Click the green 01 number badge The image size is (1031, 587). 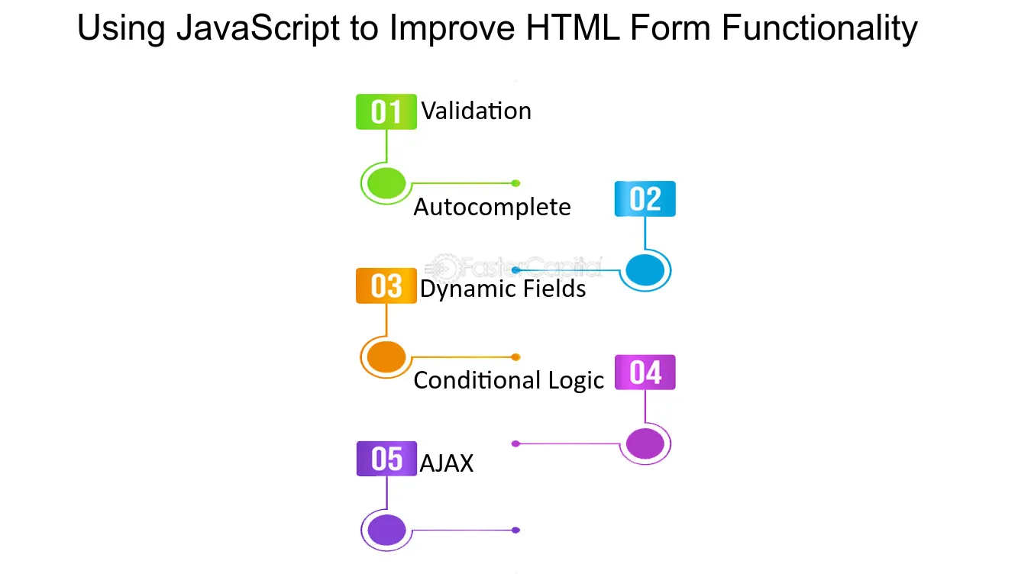click(386, 111)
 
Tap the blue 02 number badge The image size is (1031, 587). click(645, 198)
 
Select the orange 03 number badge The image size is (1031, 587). click(386, 285)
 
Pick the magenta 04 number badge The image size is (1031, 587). click(645, 373)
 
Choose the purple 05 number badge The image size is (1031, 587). click(386, 459)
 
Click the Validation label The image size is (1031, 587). click(477, 111)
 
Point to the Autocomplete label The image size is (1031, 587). click(492, 208)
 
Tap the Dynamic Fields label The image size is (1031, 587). click(503, 289)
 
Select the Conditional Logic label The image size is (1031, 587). click(509, 381)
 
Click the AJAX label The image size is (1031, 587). click(447, 463)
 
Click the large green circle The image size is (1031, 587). click(386, 183)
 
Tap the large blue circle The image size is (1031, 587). click(645, 270)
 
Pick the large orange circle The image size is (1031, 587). click(386, 357)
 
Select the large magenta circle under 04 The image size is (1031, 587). click(645, 443)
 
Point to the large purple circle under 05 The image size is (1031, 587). click(386, 530)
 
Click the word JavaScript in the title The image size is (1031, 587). click(258, 28)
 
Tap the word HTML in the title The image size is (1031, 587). click(573, 27)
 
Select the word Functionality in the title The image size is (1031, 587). click(819, 28)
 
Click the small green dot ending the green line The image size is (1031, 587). click(516, 183)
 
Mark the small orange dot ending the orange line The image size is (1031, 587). click(516, 357)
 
